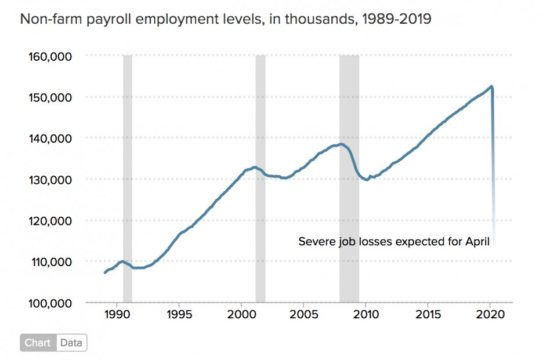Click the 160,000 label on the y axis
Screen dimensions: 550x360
tap(50, 56)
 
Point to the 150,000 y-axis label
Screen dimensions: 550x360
tap(50, 98)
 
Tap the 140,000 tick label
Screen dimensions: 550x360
tap(50, 139)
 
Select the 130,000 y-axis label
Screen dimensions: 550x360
tap(50, 180)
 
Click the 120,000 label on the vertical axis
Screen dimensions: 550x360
tap(50, 221)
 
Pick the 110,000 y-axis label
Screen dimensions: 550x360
tap(51, 262)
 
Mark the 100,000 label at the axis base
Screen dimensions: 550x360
tap(50, 303)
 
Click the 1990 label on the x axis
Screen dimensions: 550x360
tap(117, 314)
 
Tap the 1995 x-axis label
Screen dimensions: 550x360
tap(179, 314)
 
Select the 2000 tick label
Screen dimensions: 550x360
tap(241, 314)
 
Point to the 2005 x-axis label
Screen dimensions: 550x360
tap(304, 314)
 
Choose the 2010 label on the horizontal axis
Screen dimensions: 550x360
tap(366, 314)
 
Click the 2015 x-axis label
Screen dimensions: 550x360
tap(428, 314)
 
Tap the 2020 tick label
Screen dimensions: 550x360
tap(490, 314)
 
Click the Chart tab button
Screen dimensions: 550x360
tap(38, 342)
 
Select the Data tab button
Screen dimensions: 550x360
tap(71, 342)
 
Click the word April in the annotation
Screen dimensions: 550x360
tap(477, 242)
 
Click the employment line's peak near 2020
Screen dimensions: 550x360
tap(491, 86)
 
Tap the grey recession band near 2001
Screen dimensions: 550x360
tap(261, 178)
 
